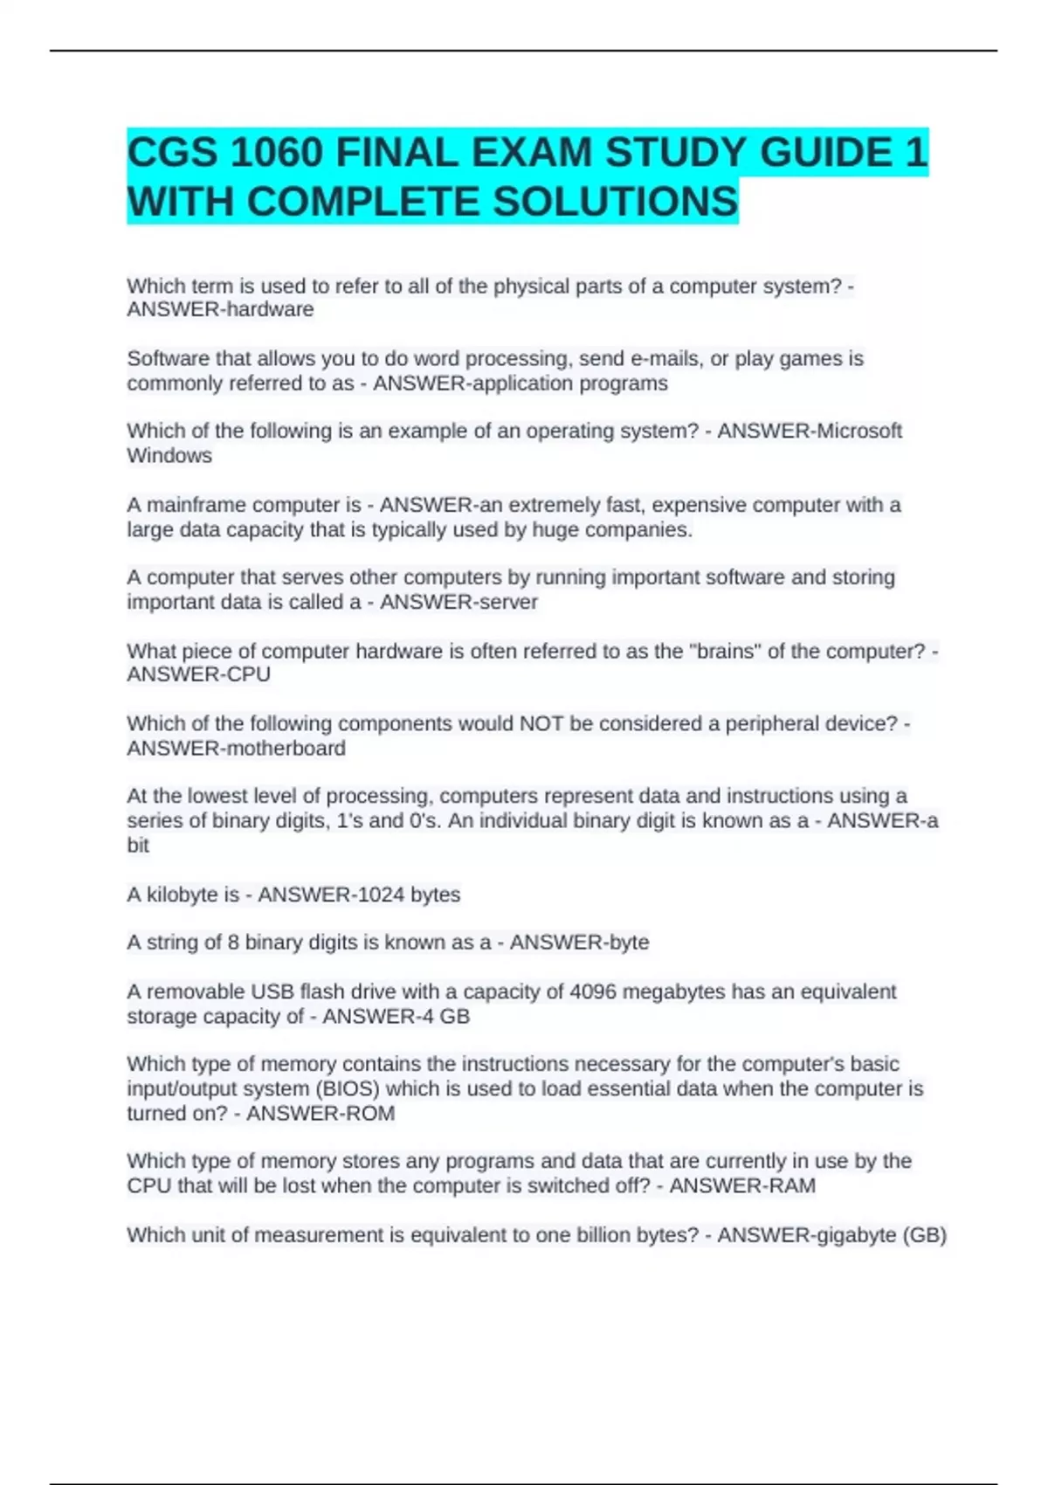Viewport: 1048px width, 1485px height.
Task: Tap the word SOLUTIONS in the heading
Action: coord(616,202)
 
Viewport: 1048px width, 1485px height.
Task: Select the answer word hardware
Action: coord(269,309)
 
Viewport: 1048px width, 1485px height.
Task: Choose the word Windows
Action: coord(169,455)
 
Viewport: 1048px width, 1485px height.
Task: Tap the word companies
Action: coord(645,529)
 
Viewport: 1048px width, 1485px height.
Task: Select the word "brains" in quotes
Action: coord(725,651)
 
